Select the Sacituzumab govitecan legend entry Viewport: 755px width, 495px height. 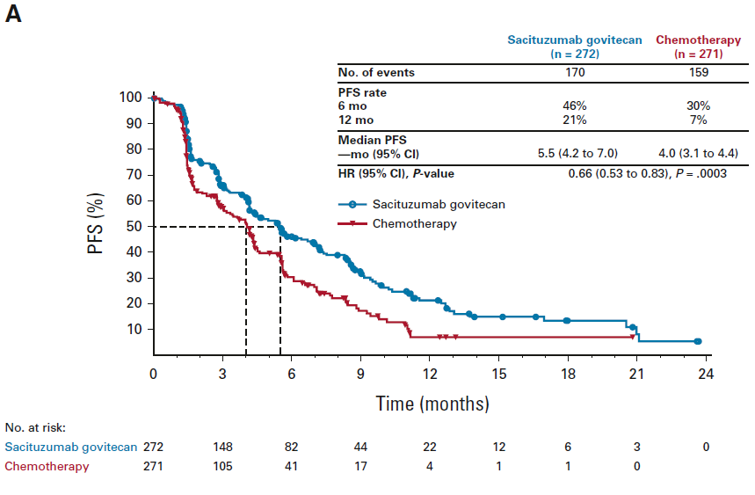[x=438, y=204]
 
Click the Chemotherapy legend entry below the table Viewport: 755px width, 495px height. [x=414, y=223]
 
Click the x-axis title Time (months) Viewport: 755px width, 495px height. [x=432, y=404]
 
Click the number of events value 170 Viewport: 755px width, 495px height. [x=575, y=72]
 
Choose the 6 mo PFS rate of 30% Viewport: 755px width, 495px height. [x=700, y=106]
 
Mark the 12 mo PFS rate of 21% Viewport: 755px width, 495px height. [x=575, y=119]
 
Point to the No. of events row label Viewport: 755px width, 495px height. [x=376, y=72]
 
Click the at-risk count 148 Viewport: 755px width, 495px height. [x=222, y=447]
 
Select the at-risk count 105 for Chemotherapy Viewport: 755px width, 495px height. [x=222, y=466]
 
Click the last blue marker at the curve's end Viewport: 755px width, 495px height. [x=698, y=341]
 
